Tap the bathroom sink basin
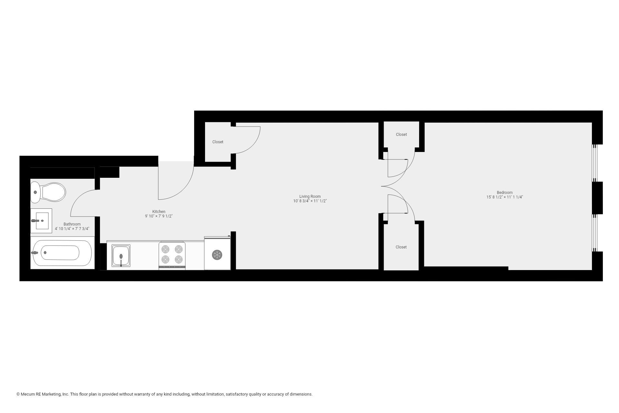click(42, 221)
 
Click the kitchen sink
click(121, 256)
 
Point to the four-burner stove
click(172, 255)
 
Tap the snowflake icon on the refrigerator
click(217, 255)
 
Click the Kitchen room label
click(159, 212)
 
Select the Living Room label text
click(310, 196)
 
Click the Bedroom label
click(505, 193)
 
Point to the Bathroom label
click(72, 224)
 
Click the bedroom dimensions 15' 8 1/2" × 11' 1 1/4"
click(505, 197)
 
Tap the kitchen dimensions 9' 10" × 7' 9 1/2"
click(159, 216)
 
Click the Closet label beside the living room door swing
click(218, 142)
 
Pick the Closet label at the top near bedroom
click(401, 135)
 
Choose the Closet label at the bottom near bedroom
click(401, 247)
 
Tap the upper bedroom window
click(595, 163)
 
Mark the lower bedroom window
click(595, 233)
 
